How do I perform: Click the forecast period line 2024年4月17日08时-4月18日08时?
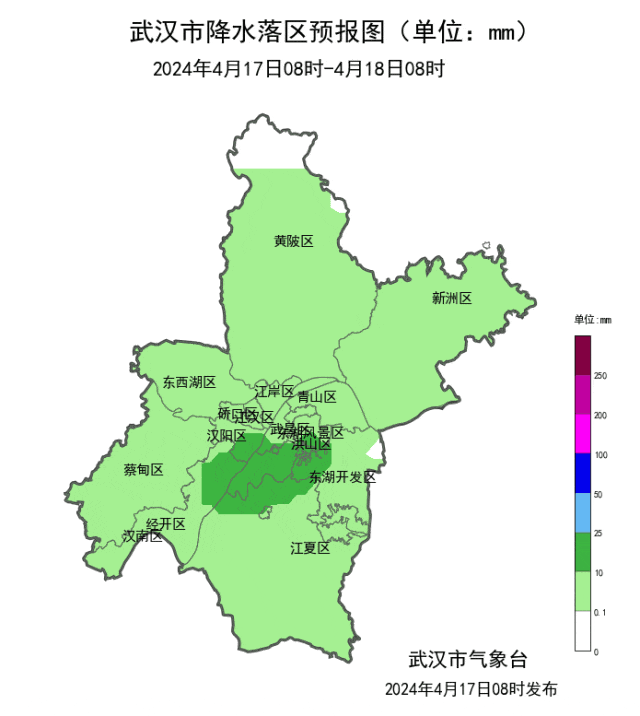coord(297,69)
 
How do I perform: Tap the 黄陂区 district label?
coord(294,241)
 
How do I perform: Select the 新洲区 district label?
coord(451,298)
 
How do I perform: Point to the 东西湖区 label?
coord(189,382)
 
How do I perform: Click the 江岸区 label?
coord(274,390)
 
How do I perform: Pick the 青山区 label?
coord(317,396)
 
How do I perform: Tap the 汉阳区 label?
coord(226,436)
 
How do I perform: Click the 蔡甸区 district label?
coord(143,470)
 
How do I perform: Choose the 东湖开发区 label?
coord(342,477)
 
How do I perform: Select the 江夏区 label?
coord(310,548)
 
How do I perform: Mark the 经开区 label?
coord(166,524)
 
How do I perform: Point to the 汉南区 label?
coord(142,536)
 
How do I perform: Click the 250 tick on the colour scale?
coord(601,376)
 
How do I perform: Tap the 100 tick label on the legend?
coord(601,455)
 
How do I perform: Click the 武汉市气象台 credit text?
coord(466,659)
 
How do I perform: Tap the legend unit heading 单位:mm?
coord(593,320)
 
